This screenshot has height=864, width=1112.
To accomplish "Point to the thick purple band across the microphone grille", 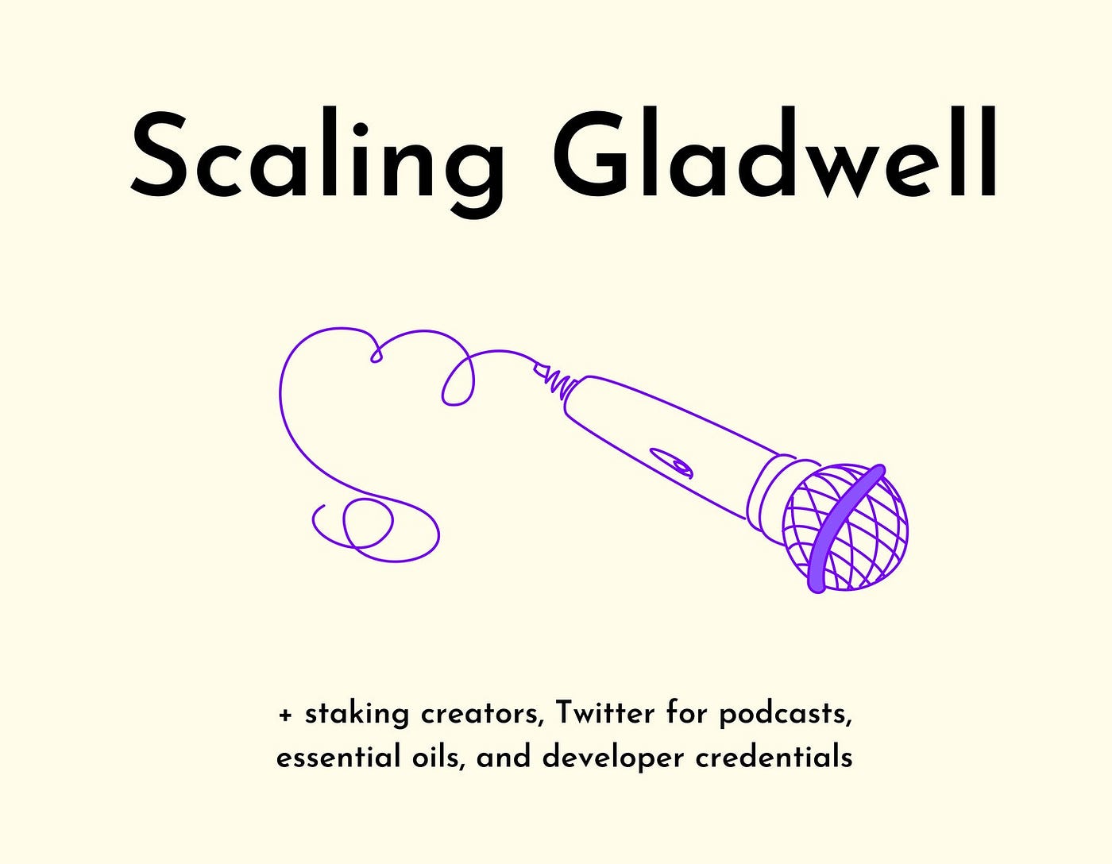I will click(844, 528).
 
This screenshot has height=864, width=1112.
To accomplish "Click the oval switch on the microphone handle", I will click(671, 461).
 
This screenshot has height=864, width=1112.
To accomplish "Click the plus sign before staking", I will click(285, 715).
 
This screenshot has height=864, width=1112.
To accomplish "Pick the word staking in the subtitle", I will click(357, 715).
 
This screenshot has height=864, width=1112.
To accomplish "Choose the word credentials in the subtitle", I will click(774, 757).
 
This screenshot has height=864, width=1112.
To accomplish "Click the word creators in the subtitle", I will click(481, 715).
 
